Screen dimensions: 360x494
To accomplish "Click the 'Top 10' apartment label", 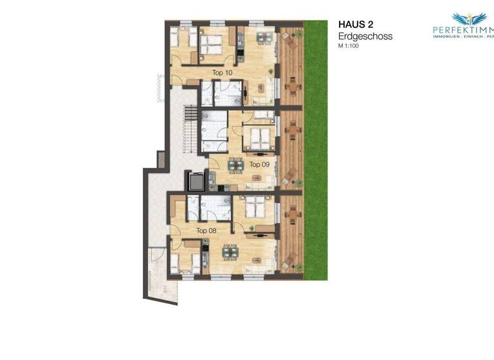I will pyautogui.click(x=222, y=73).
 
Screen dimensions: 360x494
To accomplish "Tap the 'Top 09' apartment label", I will pyautogui.click(x=259, y=165).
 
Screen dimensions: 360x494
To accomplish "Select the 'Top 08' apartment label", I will pyautogui.click(x=206, y=230).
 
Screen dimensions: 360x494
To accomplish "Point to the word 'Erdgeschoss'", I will pyautogui.click(x=365, y=37).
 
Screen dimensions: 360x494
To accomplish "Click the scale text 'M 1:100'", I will pyautogui.click(x=351, y=46).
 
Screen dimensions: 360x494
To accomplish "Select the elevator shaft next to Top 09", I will pyautogui.click(x=196, y=181).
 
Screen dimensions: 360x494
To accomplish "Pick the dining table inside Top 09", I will pyautogui.click(x=237, y=165).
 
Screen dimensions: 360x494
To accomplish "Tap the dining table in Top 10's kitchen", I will pyautogui.click(x=263, y=37).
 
